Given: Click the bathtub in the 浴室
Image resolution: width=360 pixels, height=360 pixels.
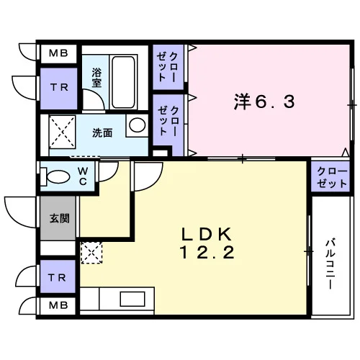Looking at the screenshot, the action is tap(123, 82).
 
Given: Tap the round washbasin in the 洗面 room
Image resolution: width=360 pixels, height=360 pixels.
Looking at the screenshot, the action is tap(137, 125).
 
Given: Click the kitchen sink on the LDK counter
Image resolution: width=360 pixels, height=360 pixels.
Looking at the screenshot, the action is tap(132, 299).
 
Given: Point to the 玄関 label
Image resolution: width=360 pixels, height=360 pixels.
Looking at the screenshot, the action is tap(60, 218).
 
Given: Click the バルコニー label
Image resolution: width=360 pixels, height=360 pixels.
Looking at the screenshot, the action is tap(330, 264).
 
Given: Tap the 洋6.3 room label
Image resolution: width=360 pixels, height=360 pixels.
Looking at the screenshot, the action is tap(264, 102).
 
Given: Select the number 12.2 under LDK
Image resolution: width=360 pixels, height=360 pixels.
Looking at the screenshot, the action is tap(207, 253).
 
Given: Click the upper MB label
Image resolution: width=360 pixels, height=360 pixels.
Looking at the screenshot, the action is tap(58, 53).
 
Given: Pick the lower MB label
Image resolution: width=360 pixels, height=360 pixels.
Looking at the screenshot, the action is tap(58, 305).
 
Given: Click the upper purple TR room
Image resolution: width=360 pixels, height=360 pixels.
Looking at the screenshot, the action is tap(59, 89).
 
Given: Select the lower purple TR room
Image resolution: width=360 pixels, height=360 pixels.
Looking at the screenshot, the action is tap(58, 276).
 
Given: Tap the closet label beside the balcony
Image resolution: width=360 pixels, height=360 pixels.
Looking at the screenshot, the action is tap(332, 178).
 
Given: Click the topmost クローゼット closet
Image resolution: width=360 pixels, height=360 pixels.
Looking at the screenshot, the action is tap(168, 67).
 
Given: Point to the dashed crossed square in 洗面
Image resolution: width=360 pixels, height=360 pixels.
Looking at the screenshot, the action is tap(62, 132).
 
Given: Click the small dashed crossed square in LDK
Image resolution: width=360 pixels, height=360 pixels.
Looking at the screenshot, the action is tap(91, 253).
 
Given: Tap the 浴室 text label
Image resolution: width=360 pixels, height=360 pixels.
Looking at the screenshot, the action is tap(96, 78).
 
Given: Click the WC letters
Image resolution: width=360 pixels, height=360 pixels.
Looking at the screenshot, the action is tap(83, 176).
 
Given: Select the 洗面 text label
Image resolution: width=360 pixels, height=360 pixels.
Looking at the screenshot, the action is tap(102, 132).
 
